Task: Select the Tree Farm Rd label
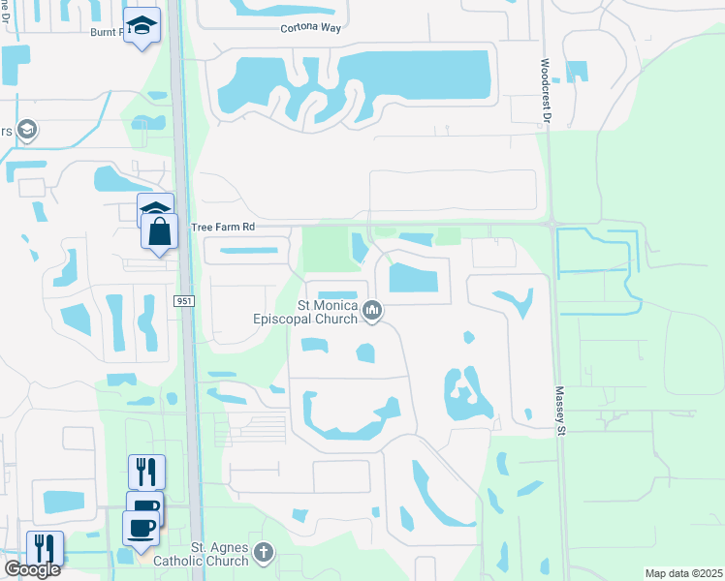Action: point(222,227)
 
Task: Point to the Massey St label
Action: point(559,413)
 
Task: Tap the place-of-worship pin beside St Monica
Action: point(372,311)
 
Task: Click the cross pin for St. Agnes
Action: point(264,554)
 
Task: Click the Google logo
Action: point(32,569)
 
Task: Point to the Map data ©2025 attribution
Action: point(683,573)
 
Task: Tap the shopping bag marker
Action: point(159,233)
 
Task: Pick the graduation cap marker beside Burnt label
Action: point(142,26)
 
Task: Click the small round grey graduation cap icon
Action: point(28,130)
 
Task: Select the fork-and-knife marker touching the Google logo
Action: point(45,548)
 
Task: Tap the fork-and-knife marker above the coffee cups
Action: point(146,472)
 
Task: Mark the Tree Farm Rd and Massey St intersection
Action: point(552,225)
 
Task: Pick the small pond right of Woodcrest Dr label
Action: point(576,71)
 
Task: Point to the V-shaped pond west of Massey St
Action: point(518,300)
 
